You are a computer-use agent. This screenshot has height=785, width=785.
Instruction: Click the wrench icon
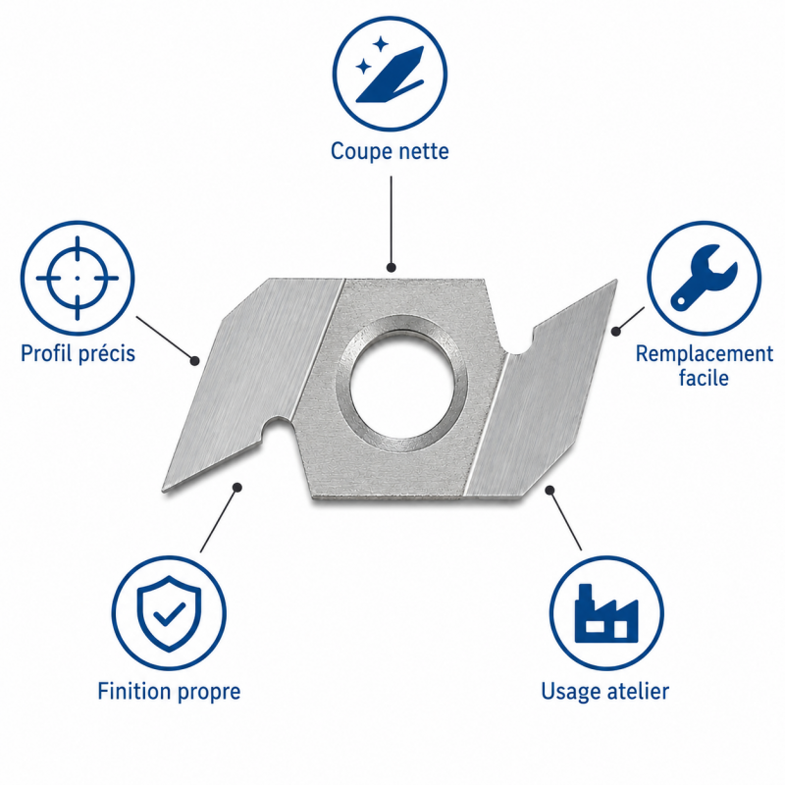[x=704, y=278]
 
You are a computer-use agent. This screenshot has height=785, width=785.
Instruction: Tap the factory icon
[x=606, y=614]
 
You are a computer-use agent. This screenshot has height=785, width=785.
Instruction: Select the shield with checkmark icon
[x=169, y=613]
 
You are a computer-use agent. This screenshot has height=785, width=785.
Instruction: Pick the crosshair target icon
[x=78, y=278]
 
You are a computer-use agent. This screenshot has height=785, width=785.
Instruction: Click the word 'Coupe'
[x=360, y=152]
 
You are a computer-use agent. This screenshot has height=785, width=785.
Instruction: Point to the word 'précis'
[x=107, y=354]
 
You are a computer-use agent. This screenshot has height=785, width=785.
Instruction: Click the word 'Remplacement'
[x=704, y=354]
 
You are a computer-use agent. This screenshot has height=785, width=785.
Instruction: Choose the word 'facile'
[x=704, y=377]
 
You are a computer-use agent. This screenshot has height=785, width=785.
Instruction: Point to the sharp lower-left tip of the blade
[x=164, y=489]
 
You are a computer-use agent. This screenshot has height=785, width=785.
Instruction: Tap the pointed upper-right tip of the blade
[x=615, y=282]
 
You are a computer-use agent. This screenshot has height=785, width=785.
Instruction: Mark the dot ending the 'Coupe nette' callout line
[x=391, y=267]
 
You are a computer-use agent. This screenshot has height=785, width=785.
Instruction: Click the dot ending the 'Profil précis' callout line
[x=194, y=360]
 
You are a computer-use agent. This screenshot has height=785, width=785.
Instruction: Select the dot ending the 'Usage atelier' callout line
[x=549, y=490]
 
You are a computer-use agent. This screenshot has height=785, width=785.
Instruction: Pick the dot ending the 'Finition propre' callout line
[x=237, y=488]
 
